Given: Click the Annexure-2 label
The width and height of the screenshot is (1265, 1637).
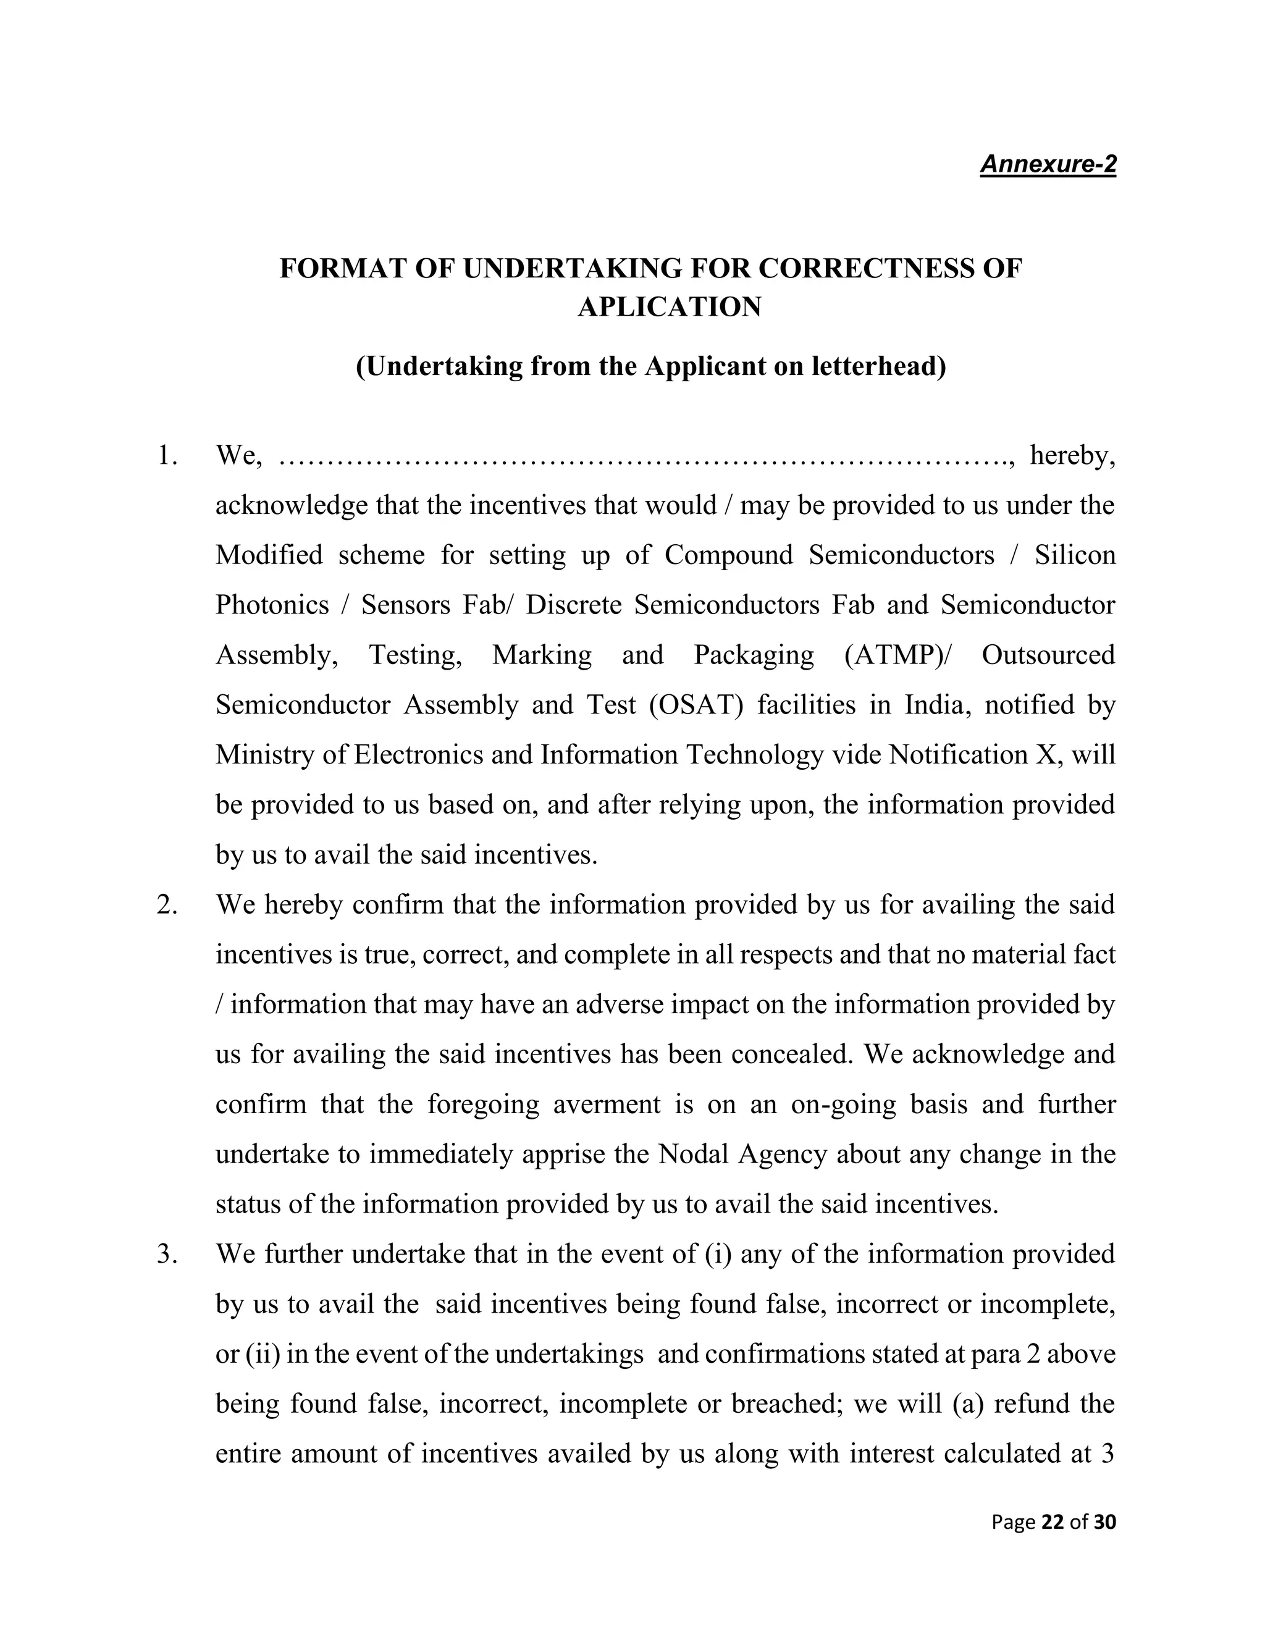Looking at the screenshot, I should [1047, 164].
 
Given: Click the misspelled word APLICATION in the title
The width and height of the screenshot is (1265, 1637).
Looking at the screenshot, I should [669, 306].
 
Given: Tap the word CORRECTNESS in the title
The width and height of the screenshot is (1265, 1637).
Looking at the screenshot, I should [870, 267].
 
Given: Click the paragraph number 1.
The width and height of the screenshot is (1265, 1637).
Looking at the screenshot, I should [166, 455].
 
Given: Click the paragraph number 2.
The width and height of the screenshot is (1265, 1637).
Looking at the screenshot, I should [166, 905].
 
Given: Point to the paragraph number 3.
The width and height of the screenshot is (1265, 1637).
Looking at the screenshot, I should [166, 1254].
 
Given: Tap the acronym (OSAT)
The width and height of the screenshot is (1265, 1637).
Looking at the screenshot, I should [696, 705].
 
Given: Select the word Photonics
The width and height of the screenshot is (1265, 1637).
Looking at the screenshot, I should [272, 605].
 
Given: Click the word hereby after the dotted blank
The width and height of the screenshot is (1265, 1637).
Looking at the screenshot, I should [1072, 455].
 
